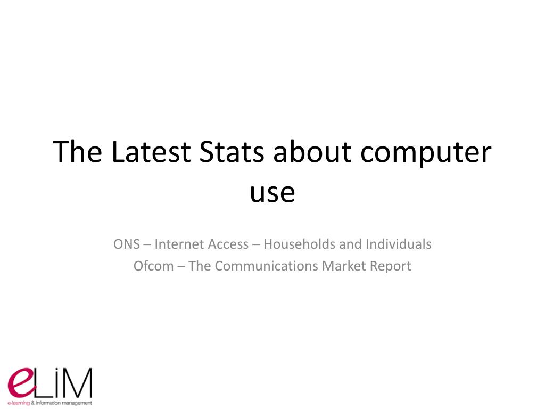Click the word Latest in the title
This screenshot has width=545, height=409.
(151, 152)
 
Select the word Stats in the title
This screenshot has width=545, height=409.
(232, 152)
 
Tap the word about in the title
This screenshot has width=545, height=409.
(312, 152)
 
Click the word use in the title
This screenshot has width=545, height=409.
(272, 193)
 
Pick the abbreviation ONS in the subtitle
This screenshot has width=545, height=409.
(127, 244)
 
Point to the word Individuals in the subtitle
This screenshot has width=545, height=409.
(398, 244)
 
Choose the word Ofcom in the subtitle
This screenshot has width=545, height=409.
(154, 266)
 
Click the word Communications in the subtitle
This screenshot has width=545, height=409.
(266, 266)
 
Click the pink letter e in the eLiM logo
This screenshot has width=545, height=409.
(21, 383)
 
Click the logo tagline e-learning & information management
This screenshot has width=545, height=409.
(49, 403)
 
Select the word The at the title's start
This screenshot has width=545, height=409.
(78, 152)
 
